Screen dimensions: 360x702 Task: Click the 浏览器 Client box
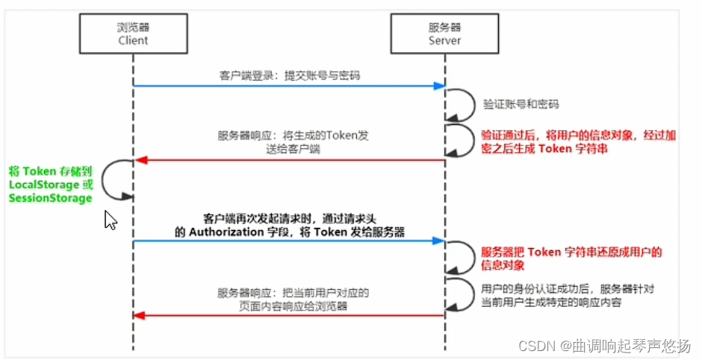[x=134, y=34]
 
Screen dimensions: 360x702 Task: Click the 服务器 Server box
[x=445, y=34]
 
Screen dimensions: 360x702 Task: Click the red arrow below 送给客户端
[x=289, y=160]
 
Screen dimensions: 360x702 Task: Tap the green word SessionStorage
[x=50, y=198]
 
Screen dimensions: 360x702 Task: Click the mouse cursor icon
[x=110, y=220]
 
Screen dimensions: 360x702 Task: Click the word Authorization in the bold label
[x=226, y=232]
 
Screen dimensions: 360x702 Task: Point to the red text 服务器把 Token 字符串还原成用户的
[x=571, y=252]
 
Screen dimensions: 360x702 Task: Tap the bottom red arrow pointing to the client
[x=289, y=315]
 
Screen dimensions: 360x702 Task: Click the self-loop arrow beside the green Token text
[x=116, y=179]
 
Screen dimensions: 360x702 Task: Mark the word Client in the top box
[x=134, y=40]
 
